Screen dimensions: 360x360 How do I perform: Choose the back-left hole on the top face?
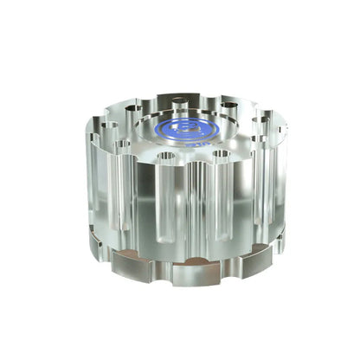132,109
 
